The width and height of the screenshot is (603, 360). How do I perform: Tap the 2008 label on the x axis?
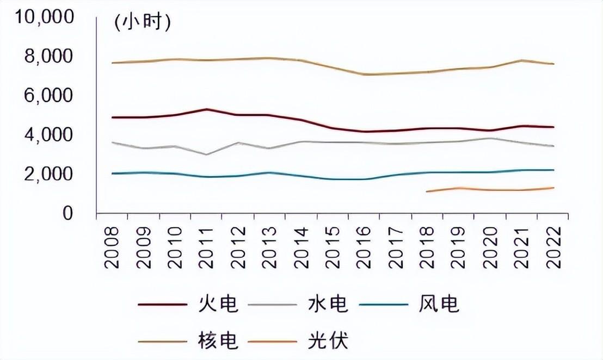[113, 247]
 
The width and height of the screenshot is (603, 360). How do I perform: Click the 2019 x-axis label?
[459, 247]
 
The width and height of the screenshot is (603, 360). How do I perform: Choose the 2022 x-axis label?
[553, 247]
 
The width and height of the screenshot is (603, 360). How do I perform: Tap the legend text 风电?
[439, 304]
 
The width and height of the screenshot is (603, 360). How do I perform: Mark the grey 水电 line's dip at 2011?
[206, 154]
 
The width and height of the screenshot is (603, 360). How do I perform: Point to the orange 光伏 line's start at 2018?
[427, 191]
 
